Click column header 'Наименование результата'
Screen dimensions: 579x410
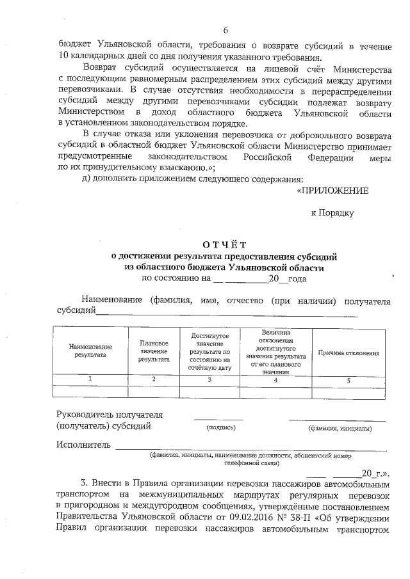click(90, 350)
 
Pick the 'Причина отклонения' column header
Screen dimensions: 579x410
click(348, 353)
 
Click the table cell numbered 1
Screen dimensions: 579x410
click(90, 380)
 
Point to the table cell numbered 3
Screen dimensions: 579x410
click(209, 380)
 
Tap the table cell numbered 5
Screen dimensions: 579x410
click(348, 380)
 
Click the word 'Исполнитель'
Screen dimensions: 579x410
click(83, 445)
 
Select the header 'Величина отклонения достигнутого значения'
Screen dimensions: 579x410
click(275, 352)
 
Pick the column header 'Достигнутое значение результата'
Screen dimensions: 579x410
click(209, 352)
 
